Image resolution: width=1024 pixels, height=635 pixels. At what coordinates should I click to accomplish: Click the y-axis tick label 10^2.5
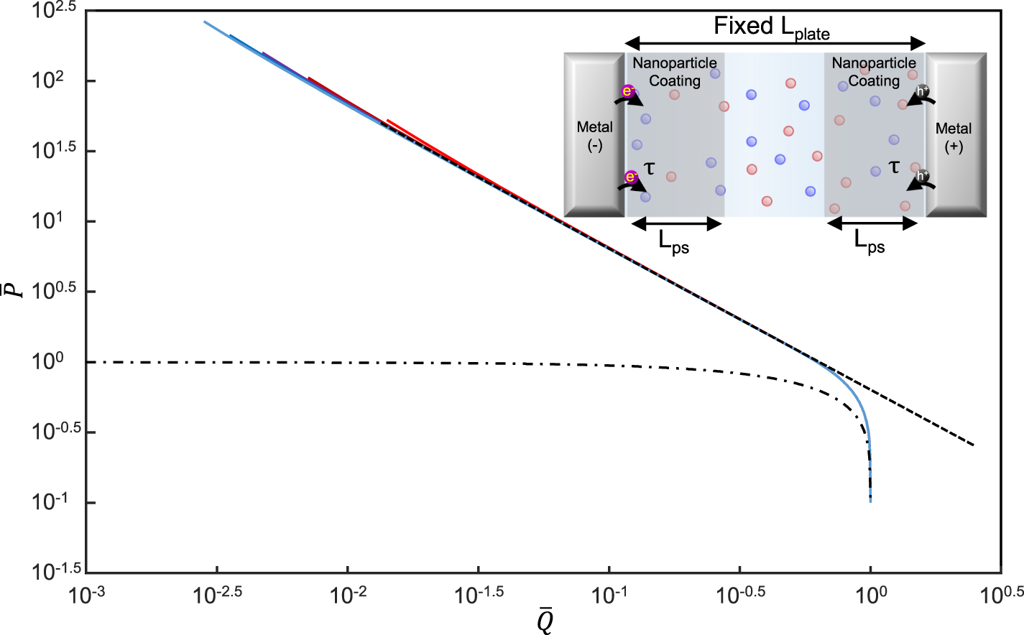pyautogui.click(x=54, y=11)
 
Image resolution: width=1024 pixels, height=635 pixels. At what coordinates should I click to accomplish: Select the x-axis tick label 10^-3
pyautogui.click(x=86, y=595)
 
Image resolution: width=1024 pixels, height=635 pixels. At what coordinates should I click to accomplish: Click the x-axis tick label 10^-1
pyautogui.click(x=609, y=595)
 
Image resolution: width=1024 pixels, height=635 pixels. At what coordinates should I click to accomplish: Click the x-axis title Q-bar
pyautogui.click(x=545, y=620)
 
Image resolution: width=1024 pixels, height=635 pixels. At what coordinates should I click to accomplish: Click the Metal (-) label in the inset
pyautogui.click(x=594, y=136)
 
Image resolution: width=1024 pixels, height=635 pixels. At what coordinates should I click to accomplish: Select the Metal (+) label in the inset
pyautogui.click(x=954, y=137)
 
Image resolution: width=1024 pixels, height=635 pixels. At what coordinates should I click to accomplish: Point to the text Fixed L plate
pyautogui.click(x=772, y=27)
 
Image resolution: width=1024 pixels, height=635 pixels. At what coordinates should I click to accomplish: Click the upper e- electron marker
pyautogui.click(x=627, y=91)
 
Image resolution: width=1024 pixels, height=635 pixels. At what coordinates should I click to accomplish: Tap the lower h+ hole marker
pyautogui.click(x=922, y=175)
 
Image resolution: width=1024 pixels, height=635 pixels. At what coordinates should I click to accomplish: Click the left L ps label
pyautogui.click(x=674, y=242)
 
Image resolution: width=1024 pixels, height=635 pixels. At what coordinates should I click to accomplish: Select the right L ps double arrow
pyautogui.click(x=872, y=223)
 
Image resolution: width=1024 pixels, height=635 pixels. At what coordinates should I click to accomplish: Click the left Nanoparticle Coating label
pyautogui.click(x=675, y=72)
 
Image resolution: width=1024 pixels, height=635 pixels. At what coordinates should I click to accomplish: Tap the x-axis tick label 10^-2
pyautogui.click(x=348, y=595)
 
